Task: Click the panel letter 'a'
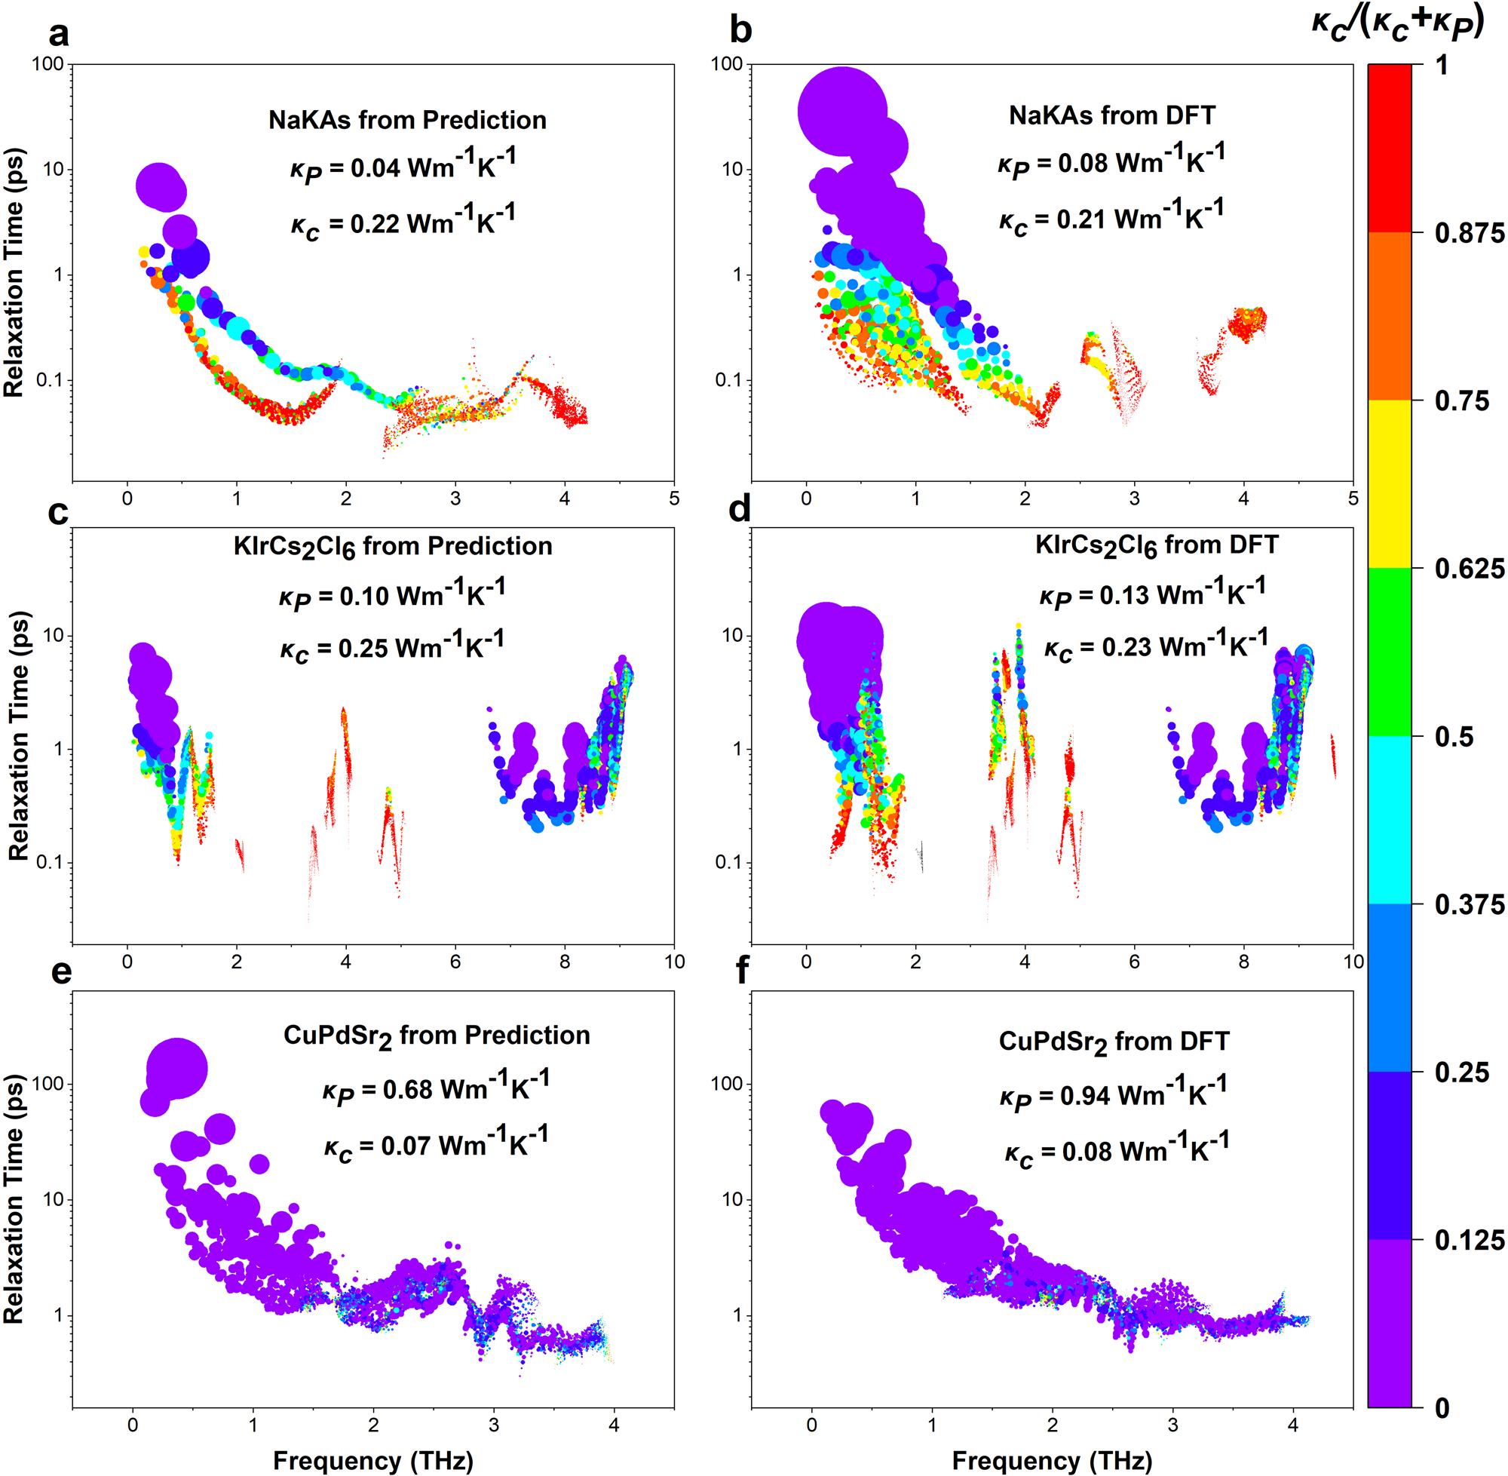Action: [58, 34]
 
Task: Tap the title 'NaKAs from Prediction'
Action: [407, 120]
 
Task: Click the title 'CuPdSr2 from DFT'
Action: [1114, 1041]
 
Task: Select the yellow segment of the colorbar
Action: [1390, 483]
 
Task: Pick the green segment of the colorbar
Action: [1390, 652]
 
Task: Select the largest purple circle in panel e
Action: [176, 1069]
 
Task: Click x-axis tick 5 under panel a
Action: [674, 499]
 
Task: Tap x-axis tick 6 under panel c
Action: [455, 963]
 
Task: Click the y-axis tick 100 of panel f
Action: [727, 1085]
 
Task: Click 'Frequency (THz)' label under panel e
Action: [372, 1460]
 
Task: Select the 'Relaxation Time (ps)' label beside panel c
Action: [19, 735]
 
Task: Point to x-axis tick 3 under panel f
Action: [1172, 1424]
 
